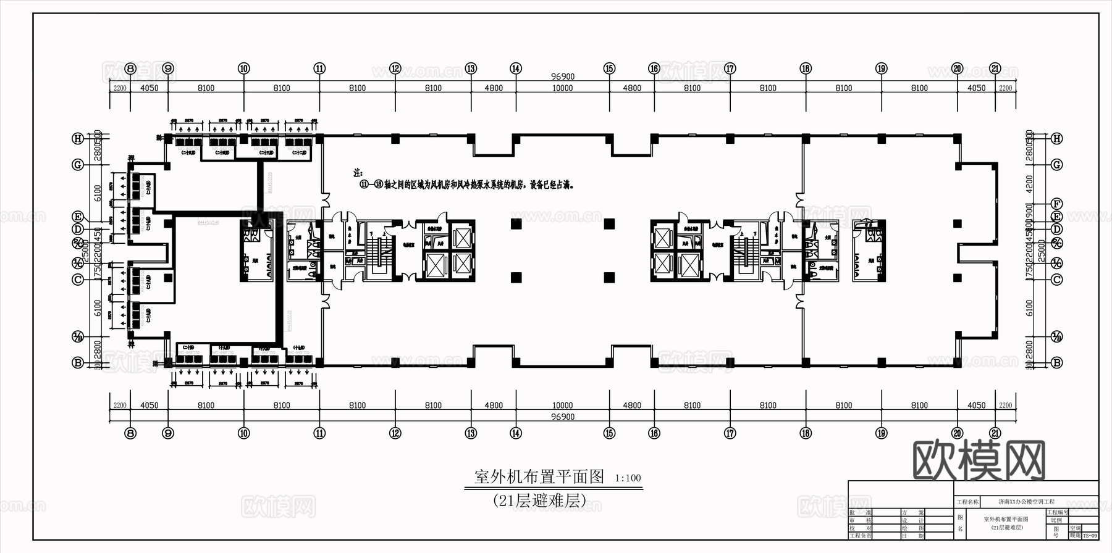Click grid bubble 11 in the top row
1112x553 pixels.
pyautogui.click(x=319, y=69)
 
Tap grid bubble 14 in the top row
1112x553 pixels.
pyautogui.click(x=516, y=69)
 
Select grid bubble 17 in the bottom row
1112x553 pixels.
pyautogui.click(x=730, y=433)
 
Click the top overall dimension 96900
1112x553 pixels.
pyautogui.click(x=563, y=77)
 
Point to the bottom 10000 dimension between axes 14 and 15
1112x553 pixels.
pyautogui.click(x=562, y=405)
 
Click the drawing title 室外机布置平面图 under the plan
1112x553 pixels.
pyautogui.click(x=539, y=476)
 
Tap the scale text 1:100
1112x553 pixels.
pyautogui.click(x=628, y=478)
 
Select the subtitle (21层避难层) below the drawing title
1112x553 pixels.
pyautogui.click(x=539, y=501)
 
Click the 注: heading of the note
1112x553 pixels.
pyautogui.click(x=358, y=173)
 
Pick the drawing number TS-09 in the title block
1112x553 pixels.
pyautogui.click(x=1090, y=536)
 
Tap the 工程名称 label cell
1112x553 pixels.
pyautogui.click(x=967, y=502)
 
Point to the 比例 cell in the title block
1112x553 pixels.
pyautogui.click(x=1056, y=520)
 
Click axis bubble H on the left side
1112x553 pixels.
pyautogui.click(x=78, y=139)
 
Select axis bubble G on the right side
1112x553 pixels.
pyautogui.click(x=1057, y=165)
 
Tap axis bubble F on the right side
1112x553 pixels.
pyautogui.click(x=1057, y=204)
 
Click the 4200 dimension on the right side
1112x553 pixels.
pyautogui.click(x=1029, y=183)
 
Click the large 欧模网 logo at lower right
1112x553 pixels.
pyautogui.click(x=979, y=460)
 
